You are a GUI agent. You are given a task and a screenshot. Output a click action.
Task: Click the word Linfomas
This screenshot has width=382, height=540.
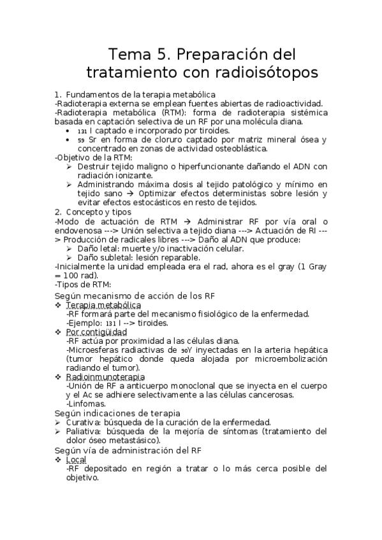[x=88, y=404]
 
